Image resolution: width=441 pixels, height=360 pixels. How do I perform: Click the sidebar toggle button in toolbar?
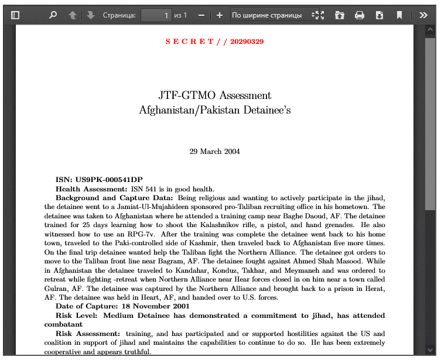pyautogui.click(x=15, y=15)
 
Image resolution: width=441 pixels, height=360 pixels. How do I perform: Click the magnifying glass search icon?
pyautogui.click(x=53, y=15)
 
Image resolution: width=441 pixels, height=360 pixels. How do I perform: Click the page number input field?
pyautogui.click(x=156, y=15)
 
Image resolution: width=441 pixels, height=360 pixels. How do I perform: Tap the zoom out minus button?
pyautogui.click(x=201, y=15)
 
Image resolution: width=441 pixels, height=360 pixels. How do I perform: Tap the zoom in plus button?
pyautogui.click(x=219, y=15)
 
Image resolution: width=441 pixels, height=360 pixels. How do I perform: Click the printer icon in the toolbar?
pyautogui.click(x=360, y=15)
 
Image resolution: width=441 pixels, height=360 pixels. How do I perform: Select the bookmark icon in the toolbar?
pyautogui.click(x=399, y=15)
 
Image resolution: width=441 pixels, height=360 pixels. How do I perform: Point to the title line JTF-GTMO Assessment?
pyautogui.click(x=214, y=95)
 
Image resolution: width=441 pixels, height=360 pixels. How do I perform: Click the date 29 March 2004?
pyautogui.click(x=214, y=152)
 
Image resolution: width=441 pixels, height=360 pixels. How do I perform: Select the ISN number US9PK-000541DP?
pyautogui.click(x=108, y=180)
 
